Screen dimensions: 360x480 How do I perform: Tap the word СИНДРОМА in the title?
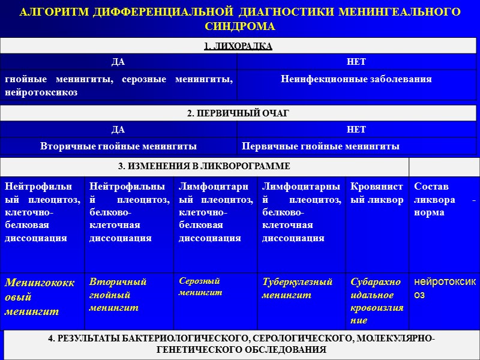tap(239, 27)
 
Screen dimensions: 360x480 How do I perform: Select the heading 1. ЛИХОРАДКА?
tap(239, 46)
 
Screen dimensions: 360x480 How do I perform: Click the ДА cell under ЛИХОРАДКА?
tap(118, 62)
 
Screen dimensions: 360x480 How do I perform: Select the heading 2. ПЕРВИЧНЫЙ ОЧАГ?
tap(238, 114)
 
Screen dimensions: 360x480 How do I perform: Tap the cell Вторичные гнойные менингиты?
tap(118, 146)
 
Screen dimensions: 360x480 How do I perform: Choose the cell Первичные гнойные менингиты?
tap(320, 146)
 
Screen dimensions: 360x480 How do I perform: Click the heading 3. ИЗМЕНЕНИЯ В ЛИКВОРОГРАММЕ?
tap(205, 166)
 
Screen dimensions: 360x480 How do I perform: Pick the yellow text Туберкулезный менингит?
tap(298, 289)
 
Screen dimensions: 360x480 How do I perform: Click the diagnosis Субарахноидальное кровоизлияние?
tap(377, 301)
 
